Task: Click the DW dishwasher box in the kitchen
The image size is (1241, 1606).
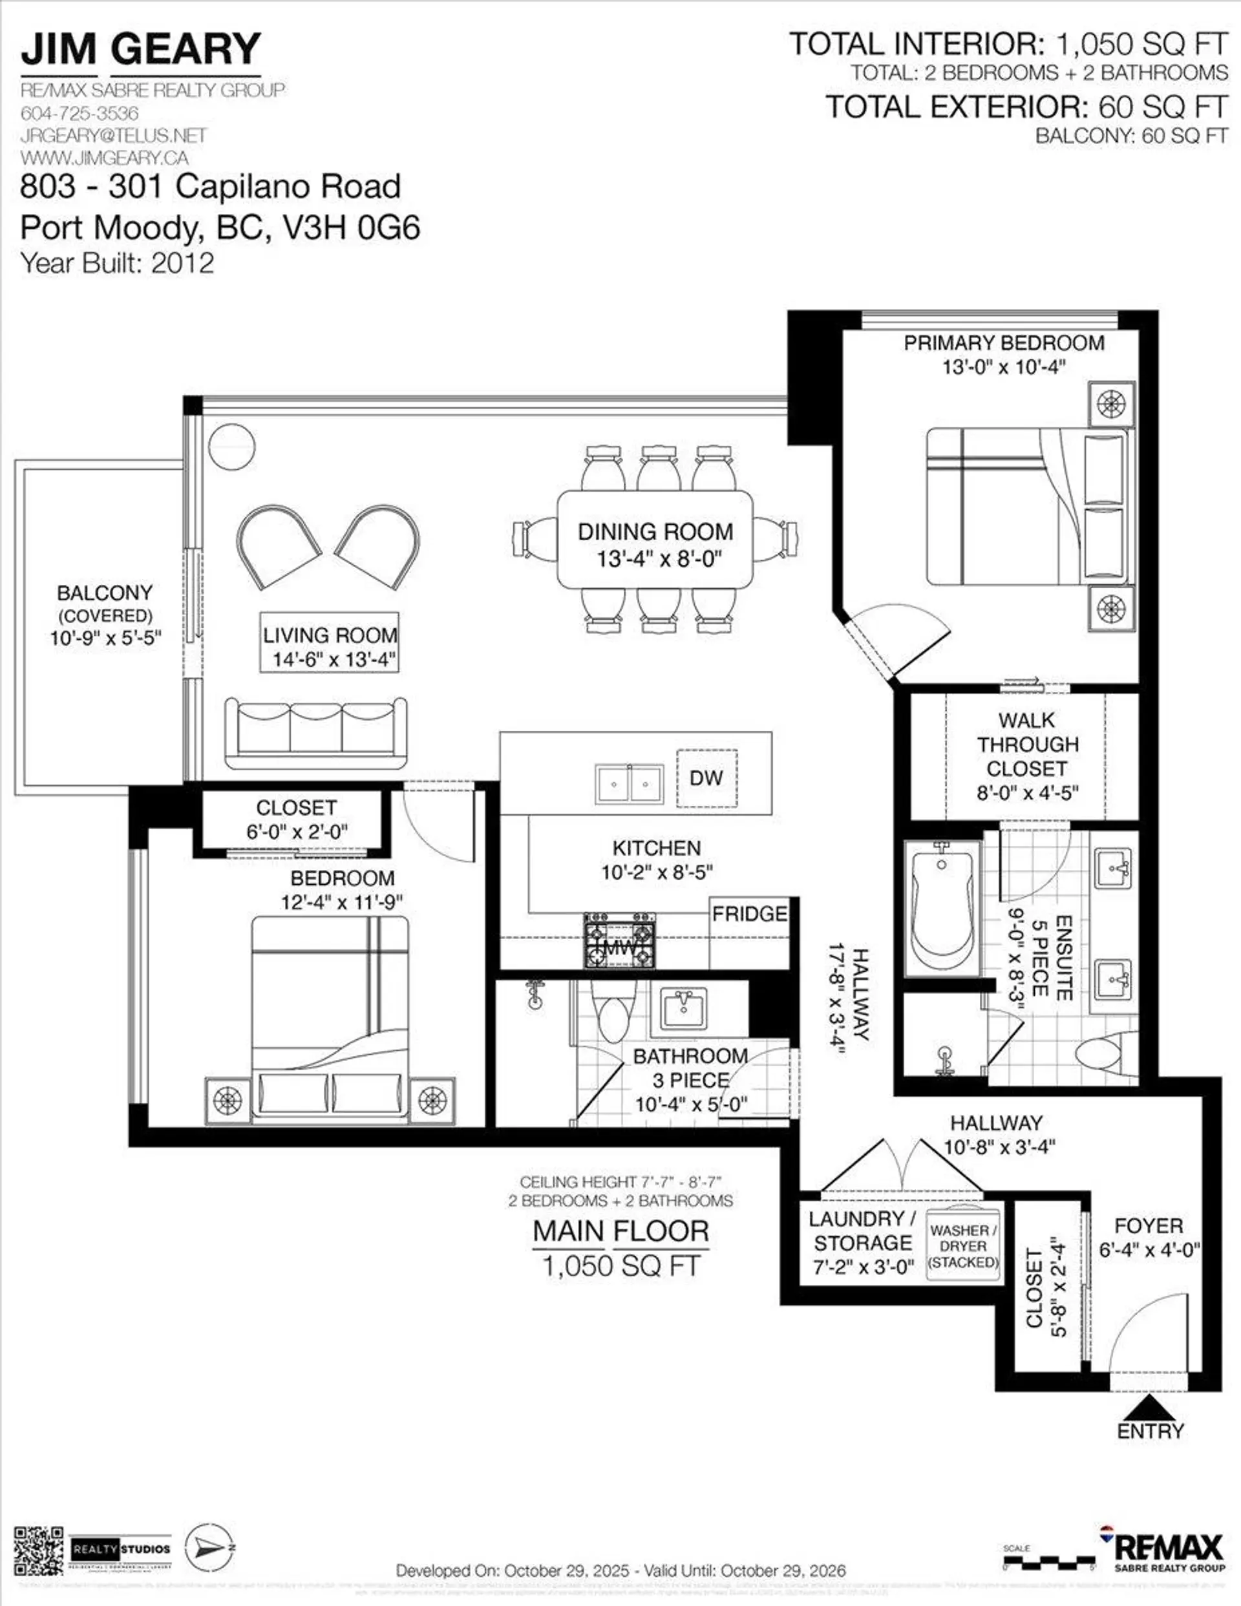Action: tap(706, 778)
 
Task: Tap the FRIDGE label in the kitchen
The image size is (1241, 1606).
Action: tap(749, 913)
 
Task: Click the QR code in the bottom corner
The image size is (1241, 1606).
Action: tap(39, 1551)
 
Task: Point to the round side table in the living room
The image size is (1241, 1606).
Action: tap(232, 447)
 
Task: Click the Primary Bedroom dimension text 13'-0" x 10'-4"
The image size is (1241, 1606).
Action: tap(1003, 367)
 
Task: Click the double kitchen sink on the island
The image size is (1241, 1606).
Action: tap(629, 784)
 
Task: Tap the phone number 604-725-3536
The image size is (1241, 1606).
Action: tap(80, 113)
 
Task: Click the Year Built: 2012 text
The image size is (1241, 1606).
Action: tap(117, 262)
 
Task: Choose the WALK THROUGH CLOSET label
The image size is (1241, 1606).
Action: tap(1026, 744)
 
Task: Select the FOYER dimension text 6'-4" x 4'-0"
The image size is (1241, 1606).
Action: tap(1149, 1249)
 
